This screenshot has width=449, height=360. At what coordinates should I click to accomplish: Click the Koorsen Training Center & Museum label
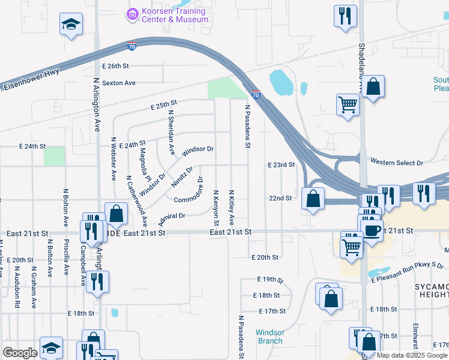[x=175, y=16]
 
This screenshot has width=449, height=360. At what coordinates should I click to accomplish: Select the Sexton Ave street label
[x=119, y=83]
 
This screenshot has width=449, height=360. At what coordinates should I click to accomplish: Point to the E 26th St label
[x=115, y=65]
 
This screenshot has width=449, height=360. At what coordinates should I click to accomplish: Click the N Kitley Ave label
[x=232, y=206]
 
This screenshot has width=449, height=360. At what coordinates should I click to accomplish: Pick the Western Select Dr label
[x=397, y=163]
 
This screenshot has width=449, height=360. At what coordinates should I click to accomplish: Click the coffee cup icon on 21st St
[x=372, y=229]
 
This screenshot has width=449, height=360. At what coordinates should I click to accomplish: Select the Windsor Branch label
[x=270, y=337]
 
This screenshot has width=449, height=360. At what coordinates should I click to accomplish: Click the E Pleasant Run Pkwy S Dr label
[x=407, y=272]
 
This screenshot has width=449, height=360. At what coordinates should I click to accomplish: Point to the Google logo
[x=20, y=353]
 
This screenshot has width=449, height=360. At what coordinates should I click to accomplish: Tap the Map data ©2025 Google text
[x=412, y=355]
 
